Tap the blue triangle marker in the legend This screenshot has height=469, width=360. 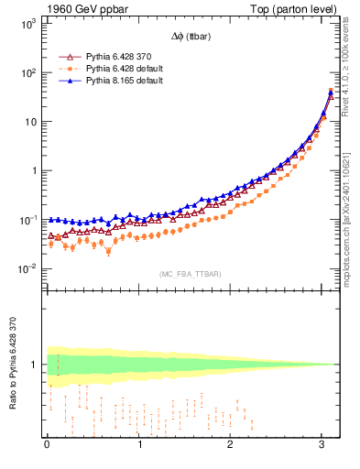[66, 81]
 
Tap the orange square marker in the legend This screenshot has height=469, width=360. [66, 69]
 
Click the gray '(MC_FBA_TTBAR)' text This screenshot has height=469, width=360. [190, 274]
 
